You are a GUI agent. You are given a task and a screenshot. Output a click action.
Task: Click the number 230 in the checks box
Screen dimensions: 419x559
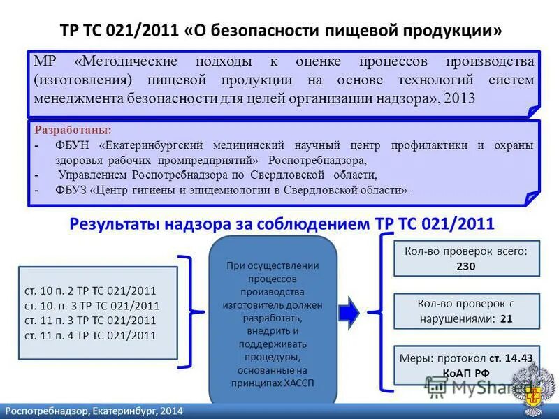[466, 266]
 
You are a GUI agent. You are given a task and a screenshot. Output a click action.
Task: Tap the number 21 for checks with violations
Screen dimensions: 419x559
[507, 319]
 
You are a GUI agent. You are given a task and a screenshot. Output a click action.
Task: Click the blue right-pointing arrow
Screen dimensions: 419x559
[349, 311]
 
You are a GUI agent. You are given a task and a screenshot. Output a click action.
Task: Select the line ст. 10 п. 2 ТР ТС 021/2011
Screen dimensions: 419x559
[90, 291]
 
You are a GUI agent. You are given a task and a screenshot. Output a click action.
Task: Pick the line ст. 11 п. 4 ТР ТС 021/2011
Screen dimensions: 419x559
[90, 335]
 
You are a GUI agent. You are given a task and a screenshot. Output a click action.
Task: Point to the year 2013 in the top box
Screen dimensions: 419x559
[460, 98]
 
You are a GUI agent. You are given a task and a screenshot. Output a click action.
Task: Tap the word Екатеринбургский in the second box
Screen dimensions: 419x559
[154, 145]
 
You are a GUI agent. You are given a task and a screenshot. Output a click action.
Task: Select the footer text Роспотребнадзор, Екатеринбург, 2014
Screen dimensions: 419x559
[94, 411]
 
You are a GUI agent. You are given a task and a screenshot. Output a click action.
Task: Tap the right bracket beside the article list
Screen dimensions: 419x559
[187, 311]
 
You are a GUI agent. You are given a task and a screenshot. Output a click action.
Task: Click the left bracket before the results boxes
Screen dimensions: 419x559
[385, 311]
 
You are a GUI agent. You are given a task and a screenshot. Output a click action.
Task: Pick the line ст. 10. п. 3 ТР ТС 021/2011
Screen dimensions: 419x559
[92, 306]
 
